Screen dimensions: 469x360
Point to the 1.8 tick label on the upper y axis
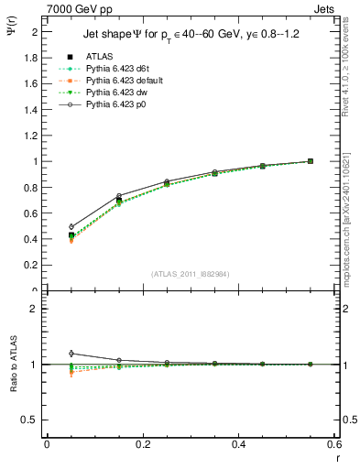point(30,58)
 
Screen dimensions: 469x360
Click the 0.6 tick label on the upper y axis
point(30,213)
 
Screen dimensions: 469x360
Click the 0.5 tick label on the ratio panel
point(30,420)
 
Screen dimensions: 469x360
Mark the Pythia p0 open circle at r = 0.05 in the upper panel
point(71,226)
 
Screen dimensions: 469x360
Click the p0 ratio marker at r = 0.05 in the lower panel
point(71,353)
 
